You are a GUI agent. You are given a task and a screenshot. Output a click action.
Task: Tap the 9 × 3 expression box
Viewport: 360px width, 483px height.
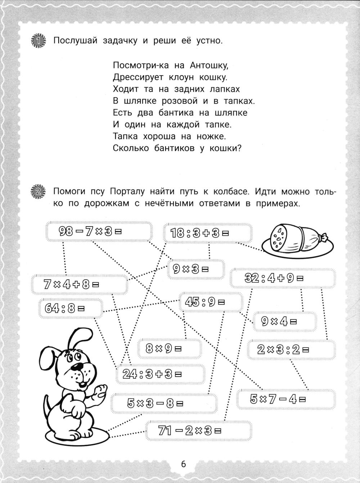(195, 269)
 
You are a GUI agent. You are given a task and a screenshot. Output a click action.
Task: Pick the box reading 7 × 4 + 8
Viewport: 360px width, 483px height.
(79, 284)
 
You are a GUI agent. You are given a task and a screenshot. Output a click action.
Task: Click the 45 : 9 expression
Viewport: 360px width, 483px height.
(210, 302)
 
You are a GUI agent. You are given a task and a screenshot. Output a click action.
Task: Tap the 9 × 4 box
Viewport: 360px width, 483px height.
(284, 321)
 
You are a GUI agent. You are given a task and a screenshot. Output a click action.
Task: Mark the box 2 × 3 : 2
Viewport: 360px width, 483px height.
(292, 349)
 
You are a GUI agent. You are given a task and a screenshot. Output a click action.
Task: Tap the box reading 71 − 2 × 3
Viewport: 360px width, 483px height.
(199, 430)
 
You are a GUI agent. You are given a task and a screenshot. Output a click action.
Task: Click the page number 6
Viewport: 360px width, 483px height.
(183, 464)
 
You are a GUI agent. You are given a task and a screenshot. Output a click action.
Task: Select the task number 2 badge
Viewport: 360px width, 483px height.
(39, 192)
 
